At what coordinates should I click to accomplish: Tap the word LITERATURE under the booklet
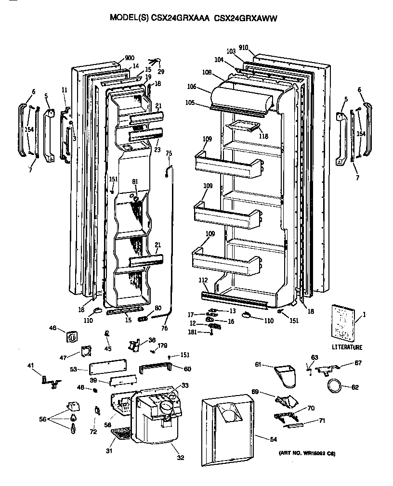[347, 347]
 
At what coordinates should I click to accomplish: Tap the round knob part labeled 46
[73, 337]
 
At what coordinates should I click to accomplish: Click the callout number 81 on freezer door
[135, 181]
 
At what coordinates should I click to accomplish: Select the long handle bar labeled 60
[156, 369]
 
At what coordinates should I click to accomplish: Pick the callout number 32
[180, 458]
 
